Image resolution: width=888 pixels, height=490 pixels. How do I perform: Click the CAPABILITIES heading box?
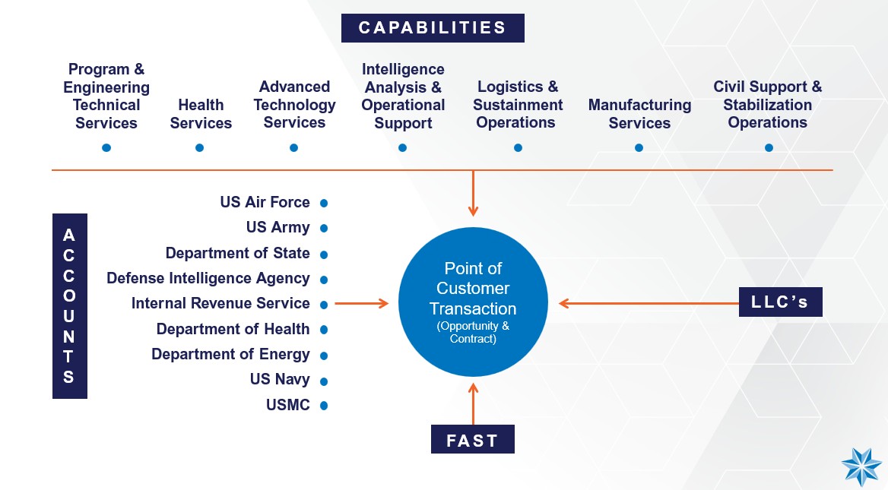433,28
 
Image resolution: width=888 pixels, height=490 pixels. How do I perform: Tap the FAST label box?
472,441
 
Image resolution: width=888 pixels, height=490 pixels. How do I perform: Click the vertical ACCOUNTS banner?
69,306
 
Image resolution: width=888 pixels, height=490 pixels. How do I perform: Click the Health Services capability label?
201,114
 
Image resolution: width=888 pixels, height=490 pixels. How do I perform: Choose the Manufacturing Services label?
639,114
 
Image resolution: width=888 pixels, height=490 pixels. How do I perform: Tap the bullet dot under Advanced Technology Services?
294,147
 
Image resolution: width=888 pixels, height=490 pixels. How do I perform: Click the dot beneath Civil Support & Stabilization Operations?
769,147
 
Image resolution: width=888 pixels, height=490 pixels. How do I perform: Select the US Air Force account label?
265,202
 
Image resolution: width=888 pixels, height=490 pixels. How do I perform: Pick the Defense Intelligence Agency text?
208,278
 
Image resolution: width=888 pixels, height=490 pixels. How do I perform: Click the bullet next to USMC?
324,406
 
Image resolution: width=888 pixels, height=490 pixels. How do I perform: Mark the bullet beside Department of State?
324,254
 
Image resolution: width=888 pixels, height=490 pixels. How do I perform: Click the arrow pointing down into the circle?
473,194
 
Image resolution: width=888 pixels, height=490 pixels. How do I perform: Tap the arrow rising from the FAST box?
473,405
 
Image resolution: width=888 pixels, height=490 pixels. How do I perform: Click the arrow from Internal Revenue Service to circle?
361,304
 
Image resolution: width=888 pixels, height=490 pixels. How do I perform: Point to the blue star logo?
861,466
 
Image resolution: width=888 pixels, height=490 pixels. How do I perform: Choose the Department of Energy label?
230,354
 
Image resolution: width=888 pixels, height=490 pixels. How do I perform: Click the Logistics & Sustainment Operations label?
517,105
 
